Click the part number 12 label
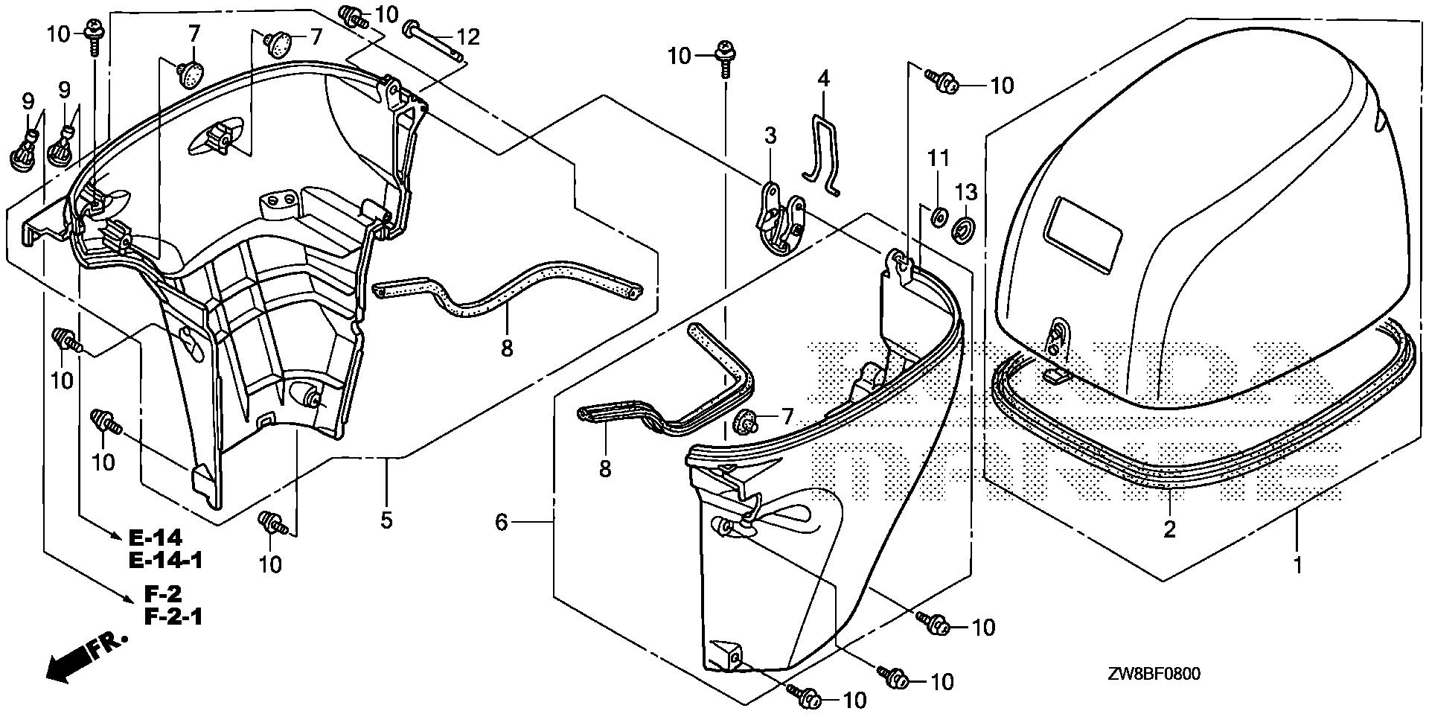point(490,36)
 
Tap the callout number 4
point(822,77)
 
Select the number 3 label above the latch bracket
point(770,136)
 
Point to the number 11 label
point(939,158)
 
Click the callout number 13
point(966,193)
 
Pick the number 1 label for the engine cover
point(1298,565)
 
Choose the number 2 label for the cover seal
point(1170,529)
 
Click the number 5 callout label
point(386,520)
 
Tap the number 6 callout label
point(501,523)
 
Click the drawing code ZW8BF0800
point(1152,675)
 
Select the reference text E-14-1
point(165,560)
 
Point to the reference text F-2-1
point(173,616)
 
